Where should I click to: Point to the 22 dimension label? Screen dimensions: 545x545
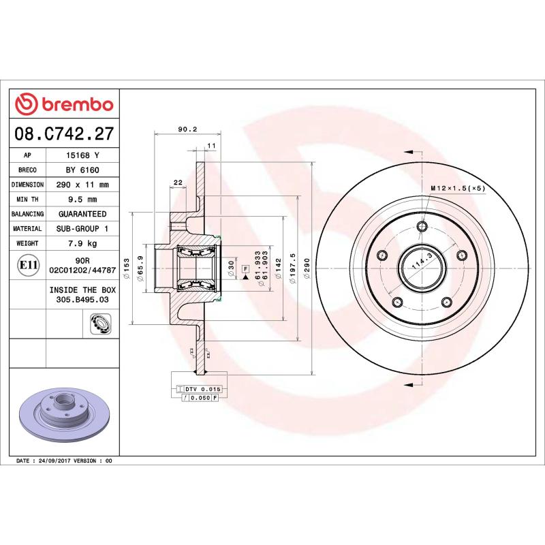pos(178,182)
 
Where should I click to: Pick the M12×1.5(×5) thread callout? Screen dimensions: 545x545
pos(457,188)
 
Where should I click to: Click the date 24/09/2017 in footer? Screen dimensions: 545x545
pos(54,461)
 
